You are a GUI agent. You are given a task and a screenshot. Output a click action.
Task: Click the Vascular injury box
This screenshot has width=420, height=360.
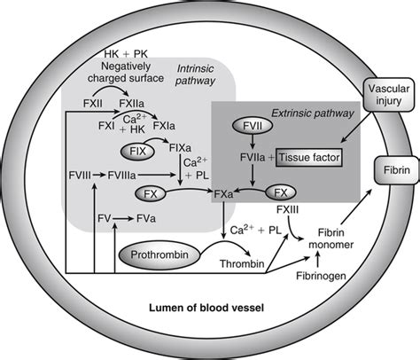[388, 95]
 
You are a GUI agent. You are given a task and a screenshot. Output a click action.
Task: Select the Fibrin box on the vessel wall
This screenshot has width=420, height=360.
[397, 170]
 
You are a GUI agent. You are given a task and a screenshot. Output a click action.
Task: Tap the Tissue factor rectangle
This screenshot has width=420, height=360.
[309, 158]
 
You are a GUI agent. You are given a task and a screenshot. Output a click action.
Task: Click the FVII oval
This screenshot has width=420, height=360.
[253, 126]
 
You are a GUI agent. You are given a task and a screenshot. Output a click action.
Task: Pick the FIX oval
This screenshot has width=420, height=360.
[137, 152]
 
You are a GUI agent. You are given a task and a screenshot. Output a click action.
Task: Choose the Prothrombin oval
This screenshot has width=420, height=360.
[159, 255]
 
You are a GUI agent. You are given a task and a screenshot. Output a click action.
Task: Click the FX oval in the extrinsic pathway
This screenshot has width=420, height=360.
[281, 192]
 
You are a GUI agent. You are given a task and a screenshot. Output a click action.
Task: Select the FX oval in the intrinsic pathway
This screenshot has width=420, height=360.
[151, 194]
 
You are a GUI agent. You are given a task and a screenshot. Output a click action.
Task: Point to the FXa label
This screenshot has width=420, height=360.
[223, 194]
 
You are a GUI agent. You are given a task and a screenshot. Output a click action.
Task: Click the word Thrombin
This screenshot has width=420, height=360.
[242, 263]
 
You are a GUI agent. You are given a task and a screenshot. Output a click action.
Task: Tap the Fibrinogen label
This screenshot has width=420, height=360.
[321, 276]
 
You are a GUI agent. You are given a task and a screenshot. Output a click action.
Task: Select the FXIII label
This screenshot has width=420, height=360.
[287, 209]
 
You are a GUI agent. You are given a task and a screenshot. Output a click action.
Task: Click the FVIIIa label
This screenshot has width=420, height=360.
[121, 176]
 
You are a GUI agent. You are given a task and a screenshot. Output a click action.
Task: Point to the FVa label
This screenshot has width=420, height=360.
[146, 219]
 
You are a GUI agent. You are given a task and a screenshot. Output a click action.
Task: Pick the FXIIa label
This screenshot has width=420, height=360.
[132, 104]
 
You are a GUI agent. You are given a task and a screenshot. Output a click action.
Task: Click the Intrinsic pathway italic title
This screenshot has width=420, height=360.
[195, 74]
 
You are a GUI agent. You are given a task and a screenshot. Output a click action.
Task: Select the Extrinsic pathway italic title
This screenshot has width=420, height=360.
[313, 113]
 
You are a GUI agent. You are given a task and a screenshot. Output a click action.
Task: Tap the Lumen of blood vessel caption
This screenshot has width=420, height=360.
[206, 308]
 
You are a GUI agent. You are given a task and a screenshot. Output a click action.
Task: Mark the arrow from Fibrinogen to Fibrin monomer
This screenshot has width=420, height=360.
[318, 261]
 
